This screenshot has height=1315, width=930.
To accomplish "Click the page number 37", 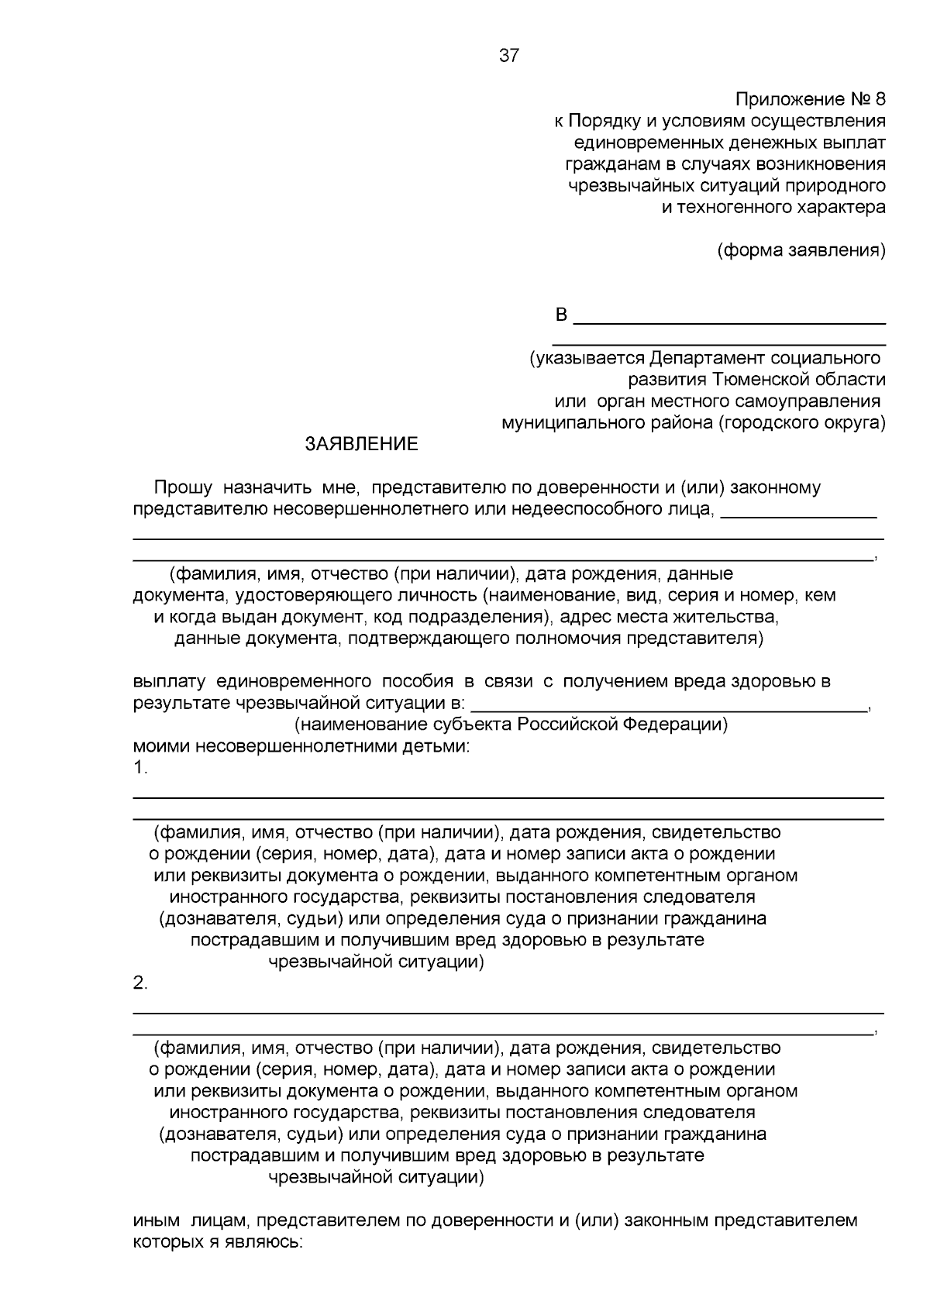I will point(509,56).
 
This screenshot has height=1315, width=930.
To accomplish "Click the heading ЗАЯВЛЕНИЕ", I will point(361,444).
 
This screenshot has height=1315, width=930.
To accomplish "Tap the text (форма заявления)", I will point(801,250).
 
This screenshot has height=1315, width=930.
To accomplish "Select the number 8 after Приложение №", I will point(879,99).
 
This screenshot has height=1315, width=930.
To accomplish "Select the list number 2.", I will point(139,983).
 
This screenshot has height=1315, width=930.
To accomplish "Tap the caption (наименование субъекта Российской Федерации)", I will point(511,725).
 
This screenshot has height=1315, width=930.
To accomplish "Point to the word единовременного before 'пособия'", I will point(291,681).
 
